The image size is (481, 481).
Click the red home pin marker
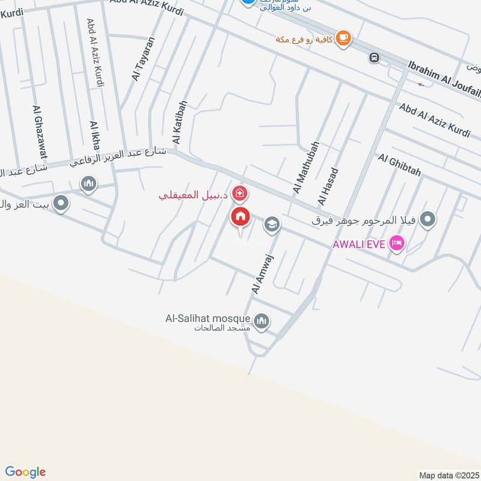coord(240,217)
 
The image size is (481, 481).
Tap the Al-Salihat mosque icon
coord(261,322)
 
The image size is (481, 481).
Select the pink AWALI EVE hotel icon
coord(397,244)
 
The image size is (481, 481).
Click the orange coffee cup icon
coord(343,38)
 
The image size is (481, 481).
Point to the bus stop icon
coord(374,58)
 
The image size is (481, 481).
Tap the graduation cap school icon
coord(272,224)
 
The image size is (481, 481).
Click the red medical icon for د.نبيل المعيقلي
coord(240,194)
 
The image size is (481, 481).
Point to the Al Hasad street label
coord(328,186)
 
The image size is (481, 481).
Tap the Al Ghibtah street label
coord(400,165)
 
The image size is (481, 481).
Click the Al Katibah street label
coord(179,123)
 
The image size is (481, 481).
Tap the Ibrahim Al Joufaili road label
coord(445,79)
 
